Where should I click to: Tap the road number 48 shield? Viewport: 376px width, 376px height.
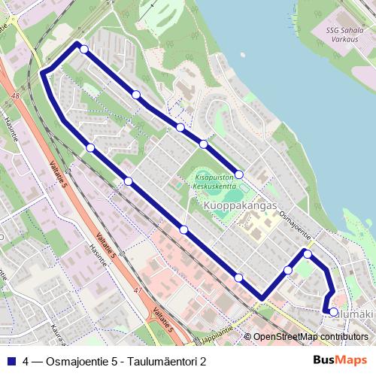[x=16, y=96]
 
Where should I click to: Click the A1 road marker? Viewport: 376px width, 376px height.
[x=137, y=289]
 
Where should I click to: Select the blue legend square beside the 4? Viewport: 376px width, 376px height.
[x=11, y=361]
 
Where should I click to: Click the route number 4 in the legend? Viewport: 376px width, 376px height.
[x=26, y=361]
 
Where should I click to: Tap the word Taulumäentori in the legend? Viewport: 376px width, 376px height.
[x=161, y=361]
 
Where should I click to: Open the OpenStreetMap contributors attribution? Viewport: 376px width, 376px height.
[x=311, y=337]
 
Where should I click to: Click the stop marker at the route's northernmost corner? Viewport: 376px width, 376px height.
[x=84, y=50]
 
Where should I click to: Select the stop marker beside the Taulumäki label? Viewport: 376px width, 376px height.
[x=334, y=311]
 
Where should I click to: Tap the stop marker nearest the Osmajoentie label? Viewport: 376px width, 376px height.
[x=307, y=253]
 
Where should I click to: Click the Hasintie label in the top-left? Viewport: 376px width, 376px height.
[x=11, y=129]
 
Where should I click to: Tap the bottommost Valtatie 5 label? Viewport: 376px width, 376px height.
[x=162, y=323]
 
